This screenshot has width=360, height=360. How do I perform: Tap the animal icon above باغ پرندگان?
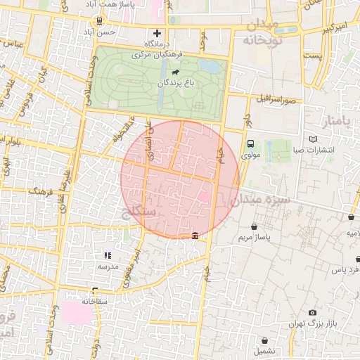tap(173, 72)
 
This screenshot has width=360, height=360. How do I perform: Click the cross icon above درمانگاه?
tap(157, 32)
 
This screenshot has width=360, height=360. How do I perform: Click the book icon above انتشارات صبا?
tap(314, 139)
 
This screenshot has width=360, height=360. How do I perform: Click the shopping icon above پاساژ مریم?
tap(254, 226)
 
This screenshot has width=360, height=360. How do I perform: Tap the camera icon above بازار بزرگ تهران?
tap(312, 312)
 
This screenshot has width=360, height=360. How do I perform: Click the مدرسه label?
tap(108, 266)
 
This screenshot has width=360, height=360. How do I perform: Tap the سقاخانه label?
tap(94, 301)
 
